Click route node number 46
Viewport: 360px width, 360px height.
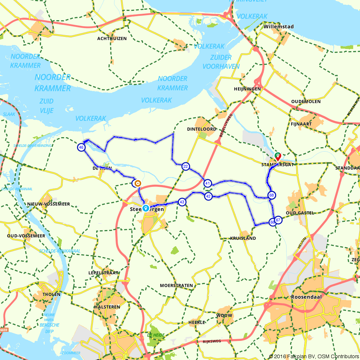81,147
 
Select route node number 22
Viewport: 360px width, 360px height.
185,166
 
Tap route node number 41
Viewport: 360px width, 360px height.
207,183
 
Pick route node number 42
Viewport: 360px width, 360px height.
208,196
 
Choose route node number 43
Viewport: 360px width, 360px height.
182,202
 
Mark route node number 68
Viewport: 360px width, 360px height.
272,195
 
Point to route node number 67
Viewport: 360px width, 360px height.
278,220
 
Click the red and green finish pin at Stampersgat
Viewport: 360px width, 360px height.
278,156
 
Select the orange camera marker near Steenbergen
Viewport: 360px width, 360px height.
137,184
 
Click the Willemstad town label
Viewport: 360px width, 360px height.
279,27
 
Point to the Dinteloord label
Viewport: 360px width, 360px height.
202,129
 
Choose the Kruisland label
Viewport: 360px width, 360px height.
243,238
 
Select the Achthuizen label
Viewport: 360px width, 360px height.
112,39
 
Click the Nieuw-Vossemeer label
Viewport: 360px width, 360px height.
49,204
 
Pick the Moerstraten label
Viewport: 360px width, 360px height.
176,285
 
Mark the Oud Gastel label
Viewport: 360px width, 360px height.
300,213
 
